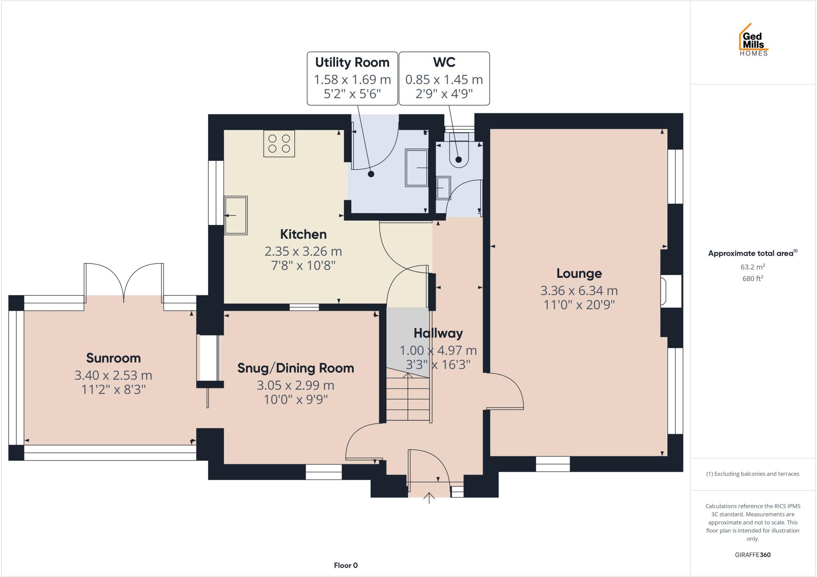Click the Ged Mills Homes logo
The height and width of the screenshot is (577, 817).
pyautogui.click(x=753, y=40)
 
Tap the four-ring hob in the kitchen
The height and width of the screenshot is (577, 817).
pyautogui.click(x=279, y=144)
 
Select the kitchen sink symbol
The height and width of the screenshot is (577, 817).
pyautogui.click(x=236, y=215)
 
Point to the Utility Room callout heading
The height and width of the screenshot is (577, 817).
pyautogui.click(x=352, y=62)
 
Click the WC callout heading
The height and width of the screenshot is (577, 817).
pyautogui.click(x=444, y=62)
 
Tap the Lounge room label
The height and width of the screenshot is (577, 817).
pyautogui.click(x=579, y=273)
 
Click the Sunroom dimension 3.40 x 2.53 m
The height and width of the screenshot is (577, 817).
pyautogui.click(x=113, y=375)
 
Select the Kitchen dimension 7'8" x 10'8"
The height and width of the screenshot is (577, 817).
pyautogui.click(x=303, y=265)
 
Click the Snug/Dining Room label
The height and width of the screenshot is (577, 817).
pyautogui.click(x=296, y=368)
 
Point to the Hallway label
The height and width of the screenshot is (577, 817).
pyautogui.click(x=438, y=333)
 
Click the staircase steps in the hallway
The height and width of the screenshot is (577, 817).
pyautogui.click(x=408, y=399)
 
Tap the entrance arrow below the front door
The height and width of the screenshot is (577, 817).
pyautogui.click(x=429, y=498)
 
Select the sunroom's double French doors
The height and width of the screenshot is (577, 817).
pyautogui.click(x=124, y=281)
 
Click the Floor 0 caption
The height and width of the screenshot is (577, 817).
pyautogui.click(x=345, y=565)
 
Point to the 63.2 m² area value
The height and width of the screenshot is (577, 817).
pyautogui.click(x=752, y=267)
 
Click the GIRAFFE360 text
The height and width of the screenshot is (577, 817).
pyautogui.click(x=752, y=555)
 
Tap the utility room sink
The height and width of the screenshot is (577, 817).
pyautogui.click(x=416, y=168)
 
